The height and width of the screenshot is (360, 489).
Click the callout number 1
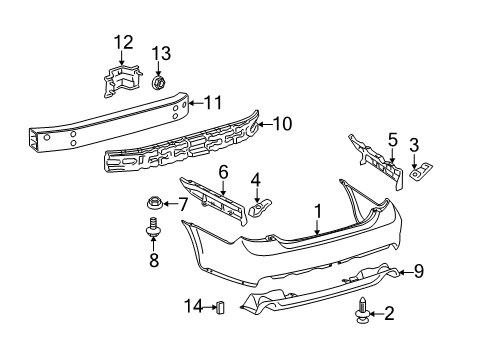(x=318, y=211)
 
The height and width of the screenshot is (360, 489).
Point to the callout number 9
(x=419, y=269)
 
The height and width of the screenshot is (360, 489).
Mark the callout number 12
(x=122, y=41)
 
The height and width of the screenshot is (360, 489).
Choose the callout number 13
(x=161, y=52)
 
